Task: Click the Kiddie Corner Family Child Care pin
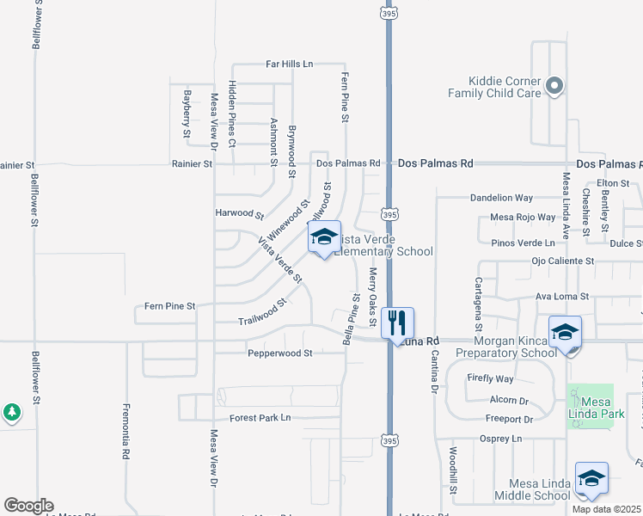[554, 85]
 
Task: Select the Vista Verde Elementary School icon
[324, 237]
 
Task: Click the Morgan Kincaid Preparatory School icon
[565, 332]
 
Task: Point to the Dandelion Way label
[501, 198]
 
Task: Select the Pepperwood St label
[279, 353]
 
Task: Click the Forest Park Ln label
[260, 418]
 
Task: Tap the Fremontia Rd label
[126, 431]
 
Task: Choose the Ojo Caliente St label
[563, 261]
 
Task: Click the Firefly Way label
[491, 378]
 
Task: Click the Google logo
[28, 506]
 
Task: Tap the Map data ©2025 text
[606, 509]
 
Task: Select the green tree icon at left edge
[11, 414]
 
